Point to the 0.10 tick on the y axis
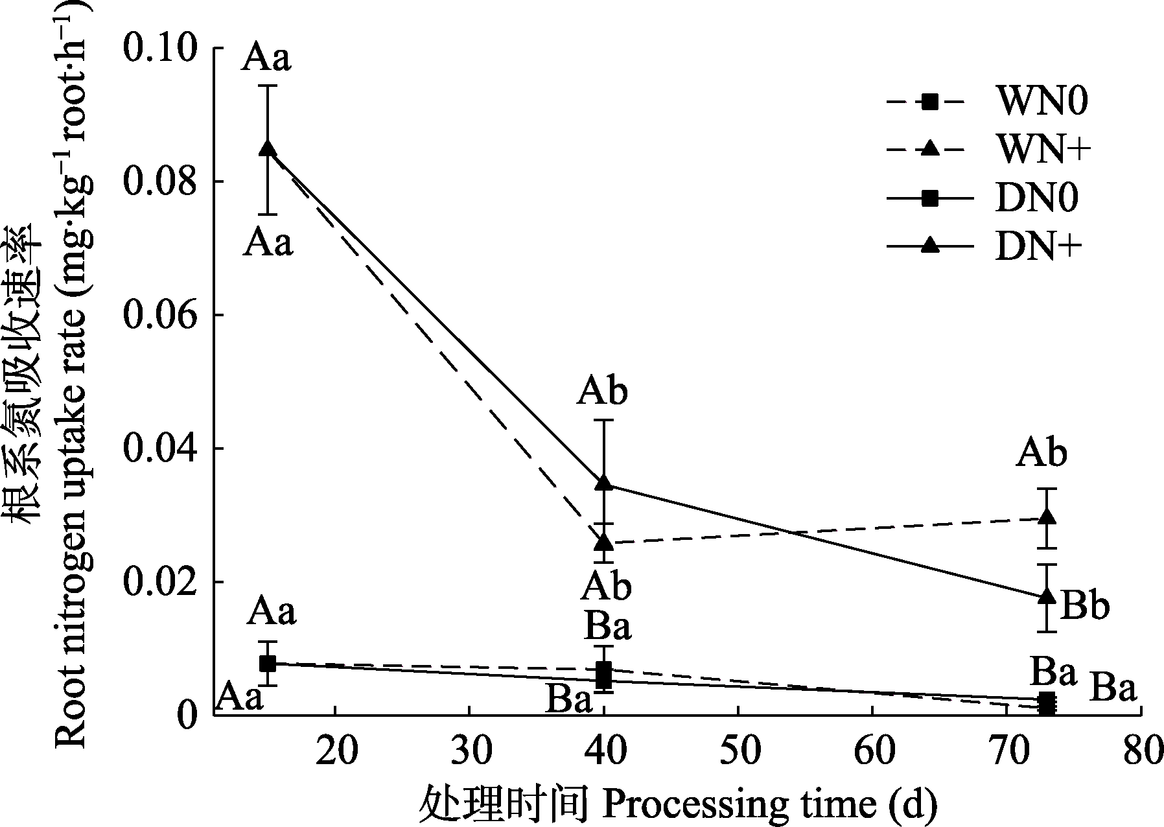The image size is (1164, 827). [161, 49]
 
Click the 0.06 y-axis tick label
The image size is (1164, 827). [161, 316]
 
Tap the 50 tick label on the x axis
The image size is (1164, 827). [738, 751]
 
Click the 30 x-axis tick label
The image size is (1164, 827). [469, 751]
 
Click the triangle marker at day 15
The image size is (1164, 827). [268, 149]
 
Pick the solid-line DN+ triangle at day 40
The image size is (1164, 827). [604, 483]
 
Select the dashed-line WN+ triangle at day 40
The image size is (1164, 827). [604, 541]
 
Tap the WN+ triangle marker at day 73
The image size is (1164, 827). [1047, 517]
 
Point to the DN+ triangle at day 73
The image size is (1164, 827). [1047, 596]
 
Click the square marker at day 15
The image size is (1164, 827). [268, 663]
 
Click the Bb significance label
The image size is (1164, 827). [1084, 607]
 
